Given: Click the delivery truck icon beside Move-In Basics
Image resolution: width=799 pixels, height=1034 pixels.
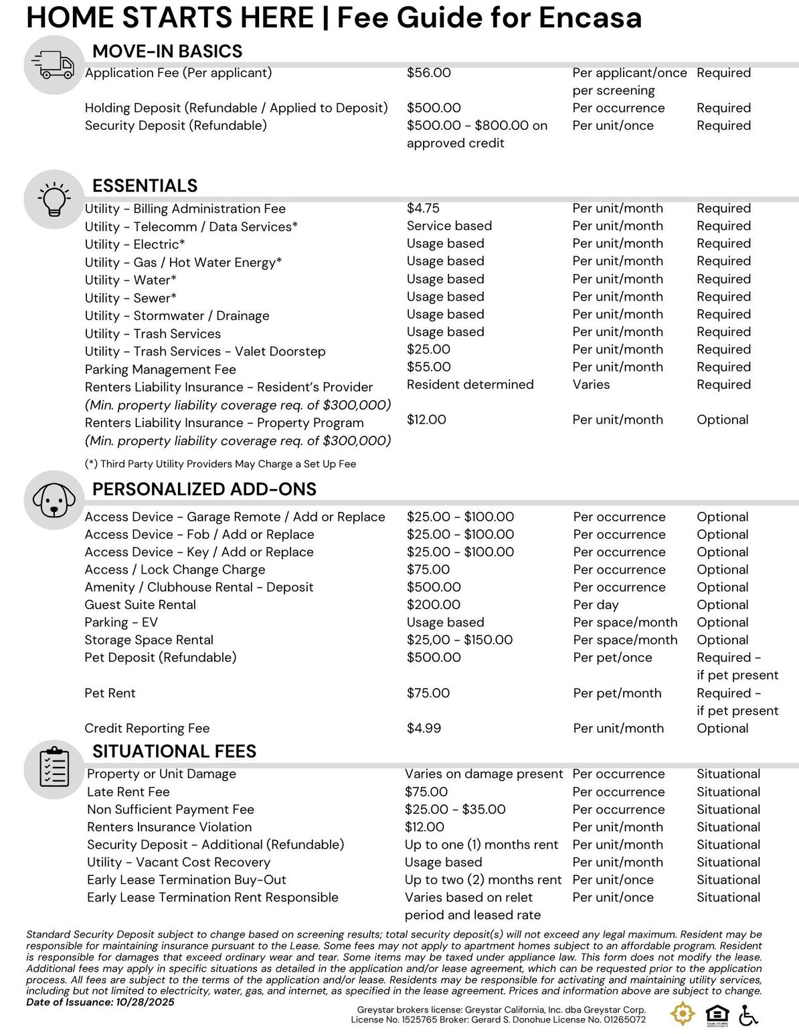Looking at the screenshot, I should (53, 65).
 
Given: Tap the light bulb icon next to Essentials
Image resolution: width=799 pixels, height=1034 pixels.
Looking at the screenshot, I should (53, 199).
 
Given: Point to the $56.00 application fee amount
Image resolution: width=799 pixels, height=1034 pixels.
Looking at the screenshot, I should (428, 73).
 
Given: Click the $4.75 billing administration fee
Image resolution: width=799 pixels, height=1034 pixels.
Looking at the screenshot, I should (423, 208).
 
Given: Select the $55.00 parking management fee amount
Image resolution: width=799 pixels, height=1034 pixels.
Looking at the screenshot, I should (428, 367).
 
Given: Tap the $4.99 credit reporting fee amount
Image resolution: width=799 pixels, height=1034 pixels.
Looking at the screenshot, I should (424, 728).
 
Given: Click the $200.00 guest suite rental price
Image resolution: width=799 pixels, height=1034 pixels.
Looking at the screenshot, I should (433, 604).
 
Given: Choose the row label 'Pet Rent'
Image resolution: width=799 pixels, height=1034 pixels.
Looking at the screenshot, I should (110, 693).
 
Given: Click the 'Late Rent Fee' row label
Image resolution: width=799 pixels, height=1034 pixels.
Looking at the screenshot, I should (128, 792).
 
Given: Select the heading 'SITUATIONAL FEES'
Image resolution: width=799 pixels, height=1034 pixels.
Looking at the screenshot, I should (174, 751).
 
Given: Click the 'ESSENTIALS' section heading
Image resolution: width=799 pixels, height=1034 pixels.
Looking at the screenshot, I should (145, 185).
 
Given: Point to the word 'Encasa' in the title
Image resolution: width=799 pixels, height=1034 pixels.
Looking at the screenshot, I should (590, 18).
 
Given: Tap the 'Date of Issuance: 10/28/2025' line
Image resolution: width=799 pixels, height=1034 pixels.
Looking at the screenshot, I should (100, 1002).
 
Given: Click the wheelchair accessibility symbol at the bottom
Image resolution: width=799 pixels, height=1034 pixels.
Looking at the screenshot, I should (749, 1015).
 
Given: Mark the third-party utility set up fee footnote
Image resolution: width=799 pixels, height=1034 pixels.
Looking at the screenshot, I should (220, 464).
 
